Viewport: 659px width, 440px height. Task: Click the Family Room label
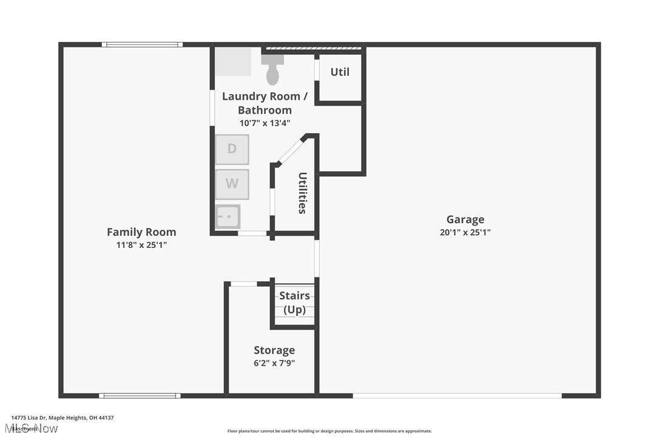pyautogui.click(x=141, y=232)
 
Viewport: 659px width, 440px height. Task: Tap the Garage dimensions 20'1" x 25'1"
pyautogui.click(x=465, y=232)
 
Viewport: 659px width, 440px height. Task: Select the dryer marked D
pyautogui.click(x=232, y=149)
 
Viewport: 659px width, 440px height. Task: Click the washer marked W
pyautogui.click(x=232, y=184)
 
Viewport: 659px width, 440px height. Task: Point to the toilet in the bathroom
pyautogui.click(x=273, y=72)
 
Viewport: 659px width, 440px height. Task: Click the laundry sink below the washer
pyautogui.click(x=228, y=216)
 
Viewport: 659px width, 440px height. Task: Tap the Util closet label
pyautogui.click(x=340, y=72)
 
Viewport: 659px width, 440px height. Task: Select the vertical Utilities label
pyautogui.click(x=302, y=193)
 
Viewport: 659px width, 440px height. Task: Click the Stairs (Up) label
pyautogui.click(x=294, y=303)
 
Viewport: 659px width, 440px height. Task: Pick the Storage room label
pyautogui.click(x=274, y=350)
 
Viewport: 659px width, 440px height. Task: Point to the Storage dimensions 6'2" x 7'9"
pyautogui.click(x=274, y=363)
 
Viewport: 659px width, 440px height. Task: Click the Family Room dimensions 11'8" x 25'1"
pyautogui.click(x=141, y=245)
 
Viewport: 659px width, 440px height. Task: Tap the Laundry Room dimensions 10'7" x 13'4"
pyautogui.click(x=265, y=123)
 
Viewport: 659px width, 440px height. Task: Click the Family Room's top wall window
pyautogui.click(x=142, y=44)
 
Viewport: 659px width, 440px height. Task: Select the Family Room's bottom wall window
pyautogui.click(x=140, y=396)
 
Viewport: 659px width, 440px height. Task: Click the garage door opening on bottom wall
pyautogui.click(x=457, y=396)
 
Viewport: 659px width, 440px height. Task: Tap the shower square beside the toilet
pyautogui.click(x=234, y=62)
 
